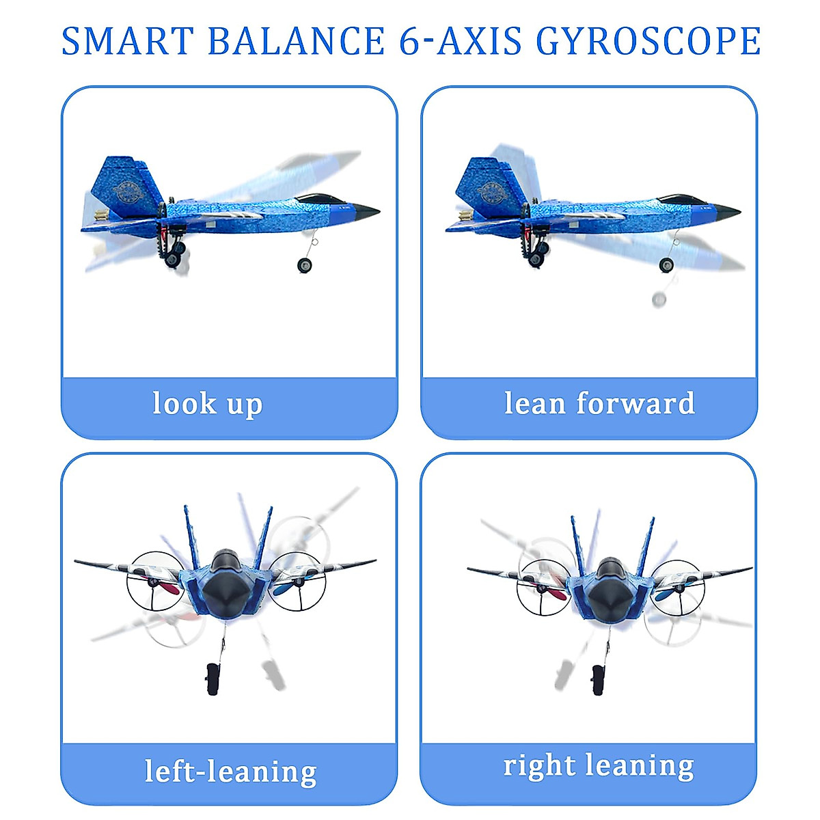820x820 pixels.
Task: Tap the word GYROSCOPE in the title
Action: (x=648, y=41)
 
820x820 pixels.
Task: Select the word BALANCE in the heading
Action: (x=296, y=41)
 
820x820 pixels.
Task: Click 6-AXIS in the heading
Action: (x=461, y=41)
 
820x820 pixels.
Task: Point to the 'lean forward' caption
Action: (x=599, y=403)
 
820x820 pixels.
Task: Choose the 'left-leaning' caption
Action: (x=231, y=771)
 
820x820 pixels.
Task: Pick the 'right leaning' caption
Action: (x=599, y=766)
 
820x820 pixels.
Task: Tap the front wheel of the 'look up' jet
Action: (x=305, y=265)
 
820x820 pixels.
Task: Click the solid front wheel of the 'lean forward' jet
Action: (x=666, y=266)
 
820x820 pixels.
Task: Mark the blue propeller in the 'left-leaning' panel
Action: (x=289, y=587)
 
